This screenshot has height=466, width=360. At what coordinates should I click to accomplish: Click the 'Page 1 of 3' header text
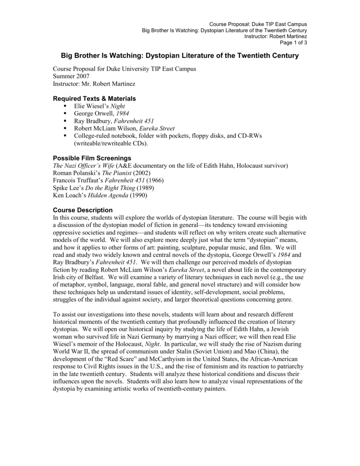tap(294, 42)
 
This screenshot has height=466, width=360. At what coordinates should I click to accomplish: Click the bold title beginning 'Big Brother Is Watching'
tap(180, 56)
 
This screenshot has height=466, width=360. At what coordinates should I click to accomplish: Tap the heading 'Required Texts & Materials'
tap(94, 99)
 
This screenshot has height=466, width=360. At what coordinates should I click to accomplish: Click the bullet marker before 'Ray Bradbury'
tap(66, 121)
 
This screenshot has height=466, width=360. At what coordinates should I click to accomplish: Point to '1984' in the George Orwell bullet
tap(123, 113)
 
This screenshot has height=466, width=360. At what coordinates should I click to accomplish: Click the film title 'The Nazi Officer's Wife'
tap(83, 165)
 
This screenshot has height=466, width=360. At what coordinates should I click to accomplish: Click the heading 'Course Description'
tap(83, 210)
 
